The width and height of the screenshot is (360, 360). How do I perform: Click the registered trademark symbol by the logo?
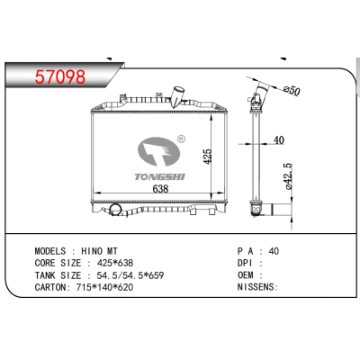[x=182, y=139]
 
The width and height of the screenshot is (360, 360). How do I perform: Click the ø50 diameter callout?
[x=291, y=91]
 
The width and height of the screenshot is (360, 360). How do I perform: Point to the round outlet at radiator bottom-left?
[x=113, y=213]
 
